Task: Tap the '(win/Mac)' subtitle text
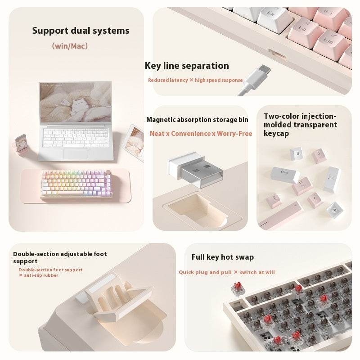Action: pos(70,45)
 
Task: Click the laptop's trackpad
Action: pos(76,153)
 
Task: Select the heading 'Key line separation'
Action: pos(187,66)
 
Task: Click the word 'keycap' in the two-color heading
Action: pos(277,134)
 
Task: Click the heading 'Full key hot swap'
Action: pos(223,257)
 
